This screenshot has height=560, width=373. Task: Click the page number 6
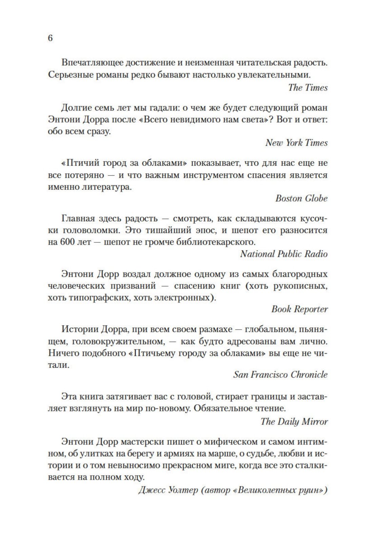coord(50,38)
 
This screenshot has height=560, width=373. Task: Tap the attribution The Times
coord(308,88)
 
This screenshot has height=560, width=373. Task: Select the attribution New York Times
coord(296,143)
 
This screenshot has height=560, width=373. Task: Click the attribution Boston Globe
coord(301,198)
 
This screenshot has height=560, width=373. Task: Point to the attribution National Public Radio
coord(284,254)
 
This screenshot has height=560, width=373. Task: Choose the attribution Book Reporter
coord(299,309)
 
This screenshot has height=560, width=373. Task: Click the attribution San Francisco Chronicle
coord(280,375)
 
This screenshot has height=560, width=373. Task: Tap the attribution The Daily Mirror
coord(294,422)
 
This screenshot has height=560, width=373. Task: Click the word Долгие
coord(77,108)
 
